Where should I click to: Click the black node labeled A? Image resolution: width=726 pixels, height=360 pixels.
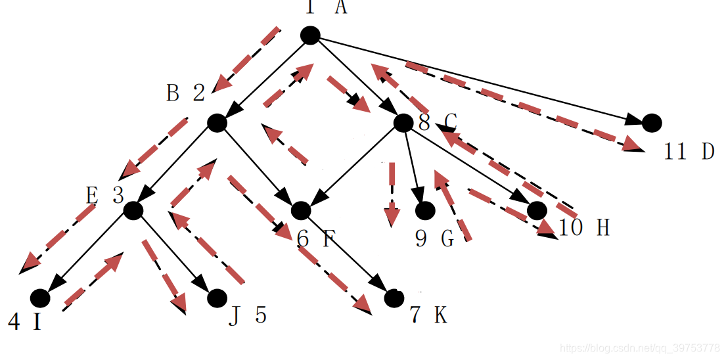(310, 35)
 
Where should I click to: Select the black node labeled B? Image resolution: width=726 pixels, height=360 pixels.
(217, 123)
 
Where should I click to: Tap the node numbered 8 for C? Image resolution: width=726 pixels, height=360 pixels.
(403, 122)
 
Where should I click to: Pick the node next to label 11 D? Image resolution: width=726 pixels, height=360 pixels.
(651, 123)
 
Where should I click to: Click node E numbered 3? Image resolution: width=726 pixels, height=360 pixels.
(133, 210)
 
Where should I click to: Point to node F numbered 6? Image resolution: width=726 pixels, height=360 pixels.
(300, 210)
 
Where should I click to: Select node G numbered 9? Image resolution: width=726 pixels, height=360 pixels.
(425, 211)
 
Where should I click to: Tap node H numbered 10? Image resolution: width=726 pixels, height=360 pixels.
(537, 210)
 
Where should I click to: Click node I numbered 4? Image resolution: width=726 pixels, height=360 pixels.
(40, 298)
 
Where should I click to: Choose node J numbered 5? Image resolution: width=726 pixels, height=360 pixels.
(217, 298)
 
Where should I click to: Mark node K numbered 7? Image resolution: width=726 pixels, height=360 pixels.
(394, 298)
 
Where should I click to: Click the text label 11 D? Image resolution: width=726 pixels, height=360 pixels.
(689, 152)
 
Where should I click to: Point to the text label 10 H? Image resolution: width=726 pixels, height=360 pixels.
(583, 228)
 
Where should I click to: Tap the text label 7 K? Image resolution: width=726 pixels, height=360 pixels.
(428, 316)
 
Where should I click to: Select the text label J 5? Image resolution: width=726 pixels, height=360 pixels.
(248, 316)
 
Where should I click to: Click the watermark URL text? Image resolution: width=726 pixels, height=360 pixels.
(637, 347)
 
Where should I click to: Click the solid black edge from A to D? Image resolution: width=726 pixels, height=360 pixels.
(480, 79)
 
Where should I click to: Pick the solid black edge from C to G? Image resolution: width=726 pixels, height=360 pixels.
(414, 164)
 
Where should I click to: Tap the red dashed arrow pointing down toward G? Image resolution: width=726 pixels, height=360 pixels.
(392, 194)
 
